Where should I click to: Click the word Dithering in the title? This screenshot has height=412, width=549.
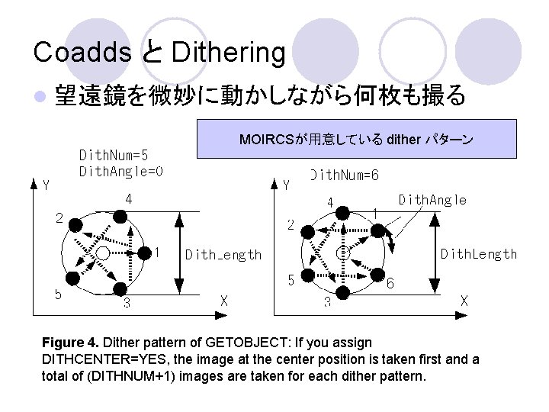click(x=229, y=52)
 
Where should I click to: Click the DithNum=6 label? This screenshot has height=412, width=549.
click(x=344, y=175)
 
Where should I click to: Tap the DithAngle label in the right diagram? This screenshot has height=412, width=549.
click(x=432, y=200)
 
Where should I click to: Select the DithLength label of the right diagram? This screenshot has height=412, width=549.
click(x=479, y=254)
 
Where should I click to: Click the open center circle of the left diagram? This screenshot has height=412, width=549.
click(x=104, y=261)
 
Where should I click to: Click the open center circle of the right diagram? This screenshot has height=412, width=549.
click(x=343, y=252)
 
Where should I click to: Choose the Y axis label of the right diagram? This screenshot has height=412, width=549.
click(x=287, y=185)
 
